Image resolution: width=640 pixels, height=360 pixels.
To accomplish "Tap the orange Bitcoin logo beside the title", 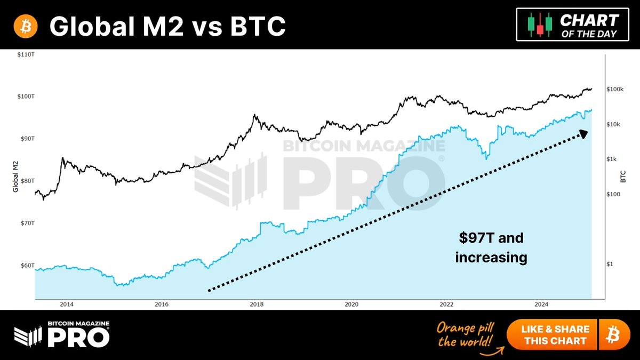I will [x=23, y=26].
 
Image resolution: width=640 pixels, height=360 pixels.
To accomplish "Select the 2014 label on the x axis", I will [x=67, y=305].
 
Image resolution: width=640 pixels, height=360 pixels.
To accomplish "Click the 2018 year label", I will [x=257, y=305].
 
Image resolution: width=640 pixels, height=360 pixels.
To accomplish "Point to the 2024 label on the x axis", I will [x=541, y=305].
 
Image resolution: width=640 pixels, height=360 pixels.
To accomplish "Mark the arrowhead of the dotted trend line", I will [x=584, y=133].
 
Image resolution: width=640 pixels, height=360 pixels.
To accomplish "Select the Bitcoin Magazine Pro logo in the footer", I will [x=62, y=334].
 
